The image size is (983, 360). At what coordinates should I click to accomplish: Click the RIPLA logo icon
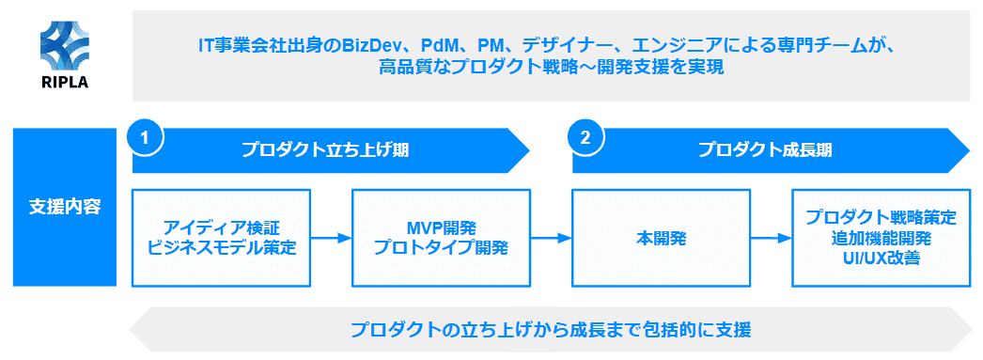tap(65, 43)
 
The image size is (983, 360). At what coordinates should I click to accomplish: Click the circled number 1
tap(145, 137)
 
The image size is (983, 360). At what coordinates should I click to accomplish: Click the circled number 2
tap(585, 137)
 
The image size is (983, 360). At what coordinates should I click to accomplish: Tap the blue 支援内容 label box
tap(65, 207)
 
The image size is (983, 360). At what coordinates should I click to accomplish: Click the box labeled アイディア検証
tap(222, 238)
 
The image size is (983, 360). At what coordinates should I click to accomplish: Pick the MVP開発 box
tap(441, 238)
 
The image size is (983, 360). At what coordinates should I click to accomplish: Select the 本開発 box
tap(661, 238)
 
